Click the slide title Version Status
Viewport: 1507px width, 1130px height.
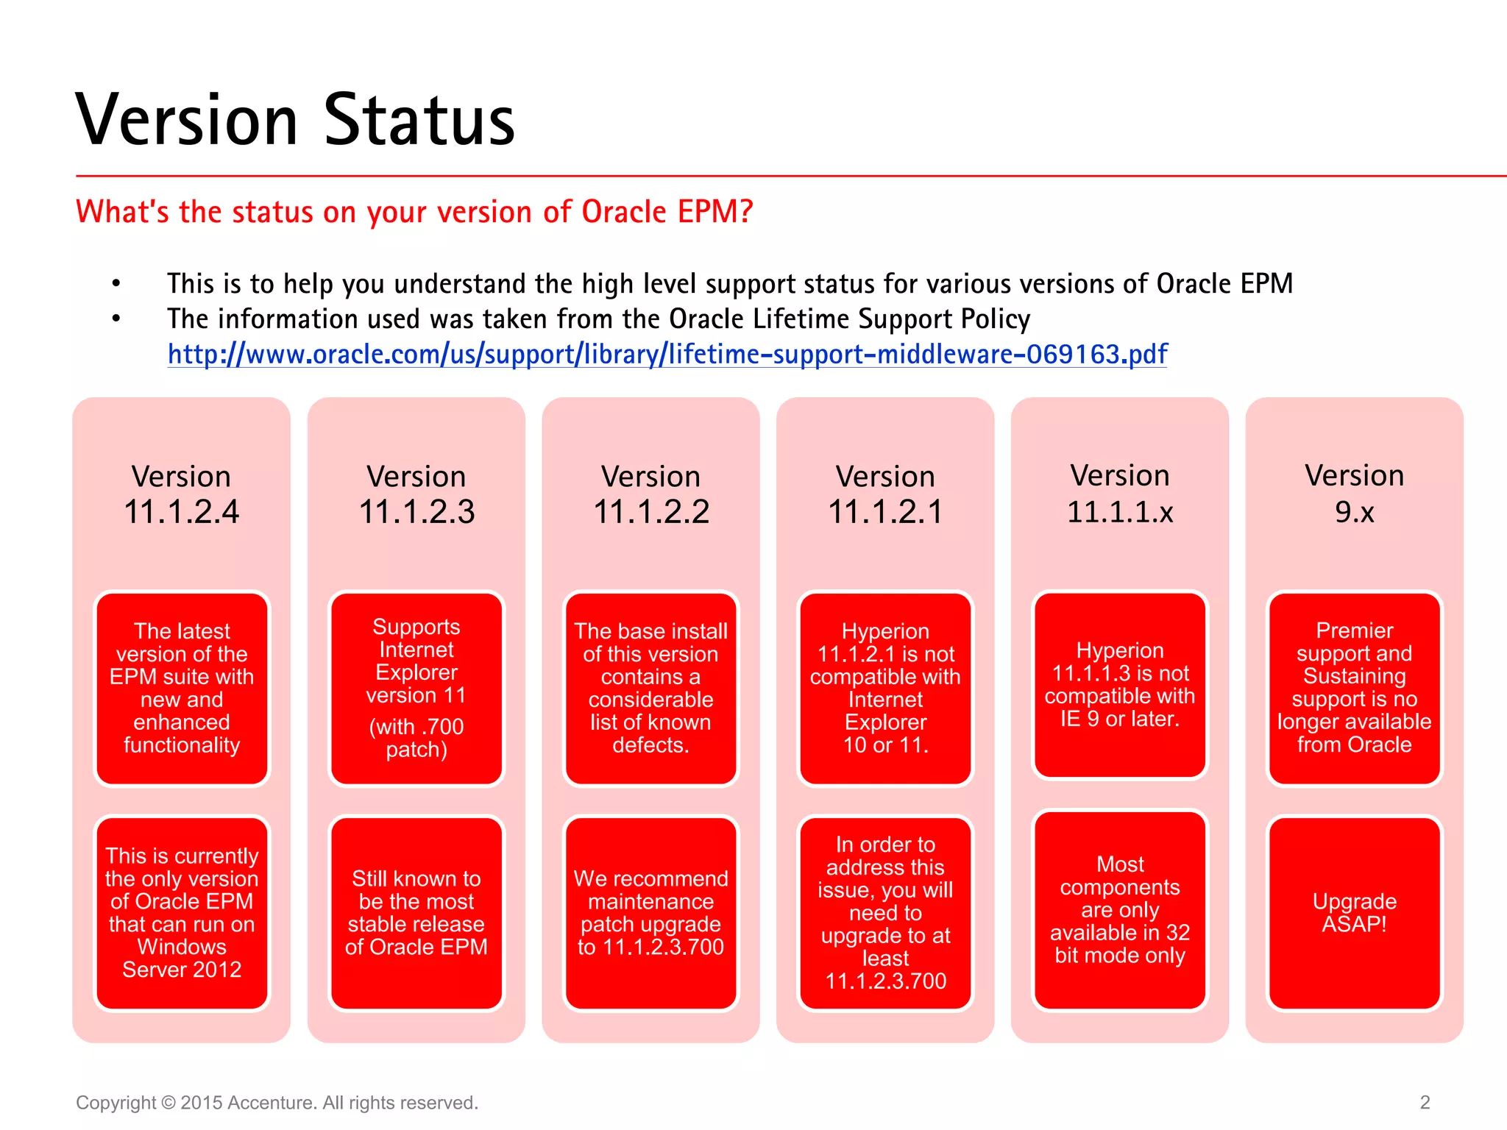[295, 120]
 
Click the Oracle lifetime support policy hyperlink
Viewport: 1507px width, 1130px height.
[667, 355]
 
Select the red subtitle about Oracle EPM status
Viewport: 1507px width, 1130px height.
[414, 212]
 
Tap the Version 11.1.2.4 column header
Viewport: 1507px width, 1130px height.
[181, 494]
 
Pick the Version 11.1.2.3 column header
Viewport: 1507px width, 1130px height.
[416, 494]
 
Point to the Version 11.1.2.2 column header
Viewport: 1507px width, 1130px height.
[651, 494]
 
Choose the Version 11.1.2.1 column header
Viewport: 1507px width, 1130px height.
[885, 494]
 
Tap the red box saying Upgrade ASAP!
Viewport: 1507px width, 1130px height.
[1354, 913]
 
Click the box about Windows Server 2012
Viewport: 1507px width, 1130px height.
[182, 913]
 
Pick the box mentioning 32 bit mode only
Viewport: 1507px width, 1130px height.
[1120, 910]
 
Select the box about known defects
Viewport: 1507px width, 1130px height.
[651, 689]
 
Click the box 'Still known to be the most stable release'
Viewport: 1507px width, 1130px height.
[416, 913]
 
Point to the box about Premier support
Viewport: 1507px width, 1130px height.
[1354, 689]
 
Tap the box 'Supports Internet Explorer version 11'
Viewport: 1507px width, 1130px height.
[416, 689]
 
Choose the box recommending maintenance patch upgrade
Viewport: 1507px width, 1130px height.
[651, 913]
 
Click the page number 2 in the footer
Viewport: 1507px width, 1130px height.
[1425, 1102]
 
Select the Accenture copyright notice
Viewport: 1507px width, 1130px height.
[277, 1103]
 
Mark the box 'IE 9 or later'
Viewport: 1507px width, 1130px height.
[1120, 685]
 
